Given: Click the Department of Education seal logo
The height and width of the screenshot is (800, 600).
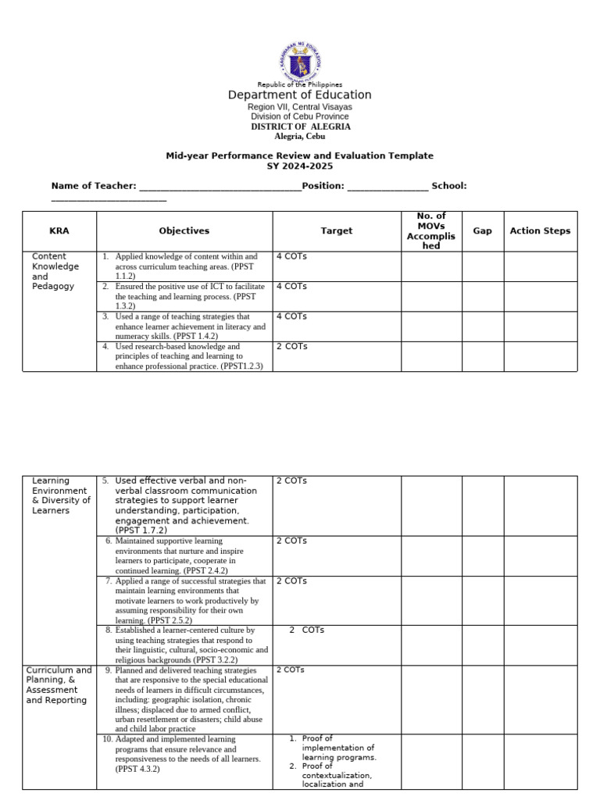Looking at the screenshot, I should point(300,61).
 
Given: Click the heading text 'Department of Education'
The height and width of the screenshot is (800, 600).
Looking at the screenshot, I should point(300,95).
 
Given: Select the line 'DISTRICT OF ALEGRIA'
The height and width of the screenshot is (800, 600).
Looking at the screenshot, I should point(300,127).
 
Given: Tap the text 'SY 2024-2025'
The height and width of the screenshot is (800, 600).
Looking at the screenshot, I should point(300,166).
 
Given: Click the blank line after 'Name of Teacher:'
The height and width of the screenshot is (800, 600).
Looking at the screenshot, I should point(220,187).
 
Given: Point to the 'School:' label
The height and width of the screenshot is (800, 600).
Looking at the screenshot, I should point(449,186).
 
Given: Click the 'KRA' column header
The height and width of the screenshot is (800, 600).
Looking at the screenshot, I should point(59,231).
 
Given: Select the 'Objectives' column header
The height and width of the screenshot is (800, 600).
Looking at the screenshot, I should point(184,231).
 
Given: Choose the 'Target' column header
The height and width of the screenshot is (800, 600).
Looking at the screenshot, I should point(337,231).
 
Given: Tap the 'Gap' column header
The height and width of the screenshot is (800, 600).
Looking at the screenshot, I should point(483,231).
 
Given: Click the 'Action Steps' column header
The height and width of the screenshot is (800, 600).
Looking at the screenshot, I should point(540,231).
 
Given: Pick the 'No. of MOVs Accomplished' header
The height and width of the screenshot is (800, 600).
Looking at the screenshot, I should point(431,230).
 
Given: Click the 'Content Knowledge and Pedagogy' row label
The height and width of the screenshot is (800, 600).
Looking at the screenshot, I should point(55,271).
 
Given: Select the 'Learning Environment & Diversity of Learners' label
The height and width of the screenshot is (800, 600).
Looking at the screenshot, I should point(61,495).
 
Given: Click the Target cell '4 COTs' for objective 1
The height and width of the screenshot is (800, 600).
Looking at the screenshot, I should point(291,256).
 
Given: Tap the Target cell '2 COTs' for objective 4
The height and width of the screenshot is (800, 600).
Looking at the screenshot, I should point(291,346).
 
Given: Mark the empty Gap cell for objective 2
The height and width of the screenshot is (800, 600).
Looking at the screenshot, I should point(483,296).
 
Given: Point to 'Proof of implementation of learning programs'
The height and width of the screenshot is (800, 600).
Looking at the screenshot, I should point(338,748).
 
